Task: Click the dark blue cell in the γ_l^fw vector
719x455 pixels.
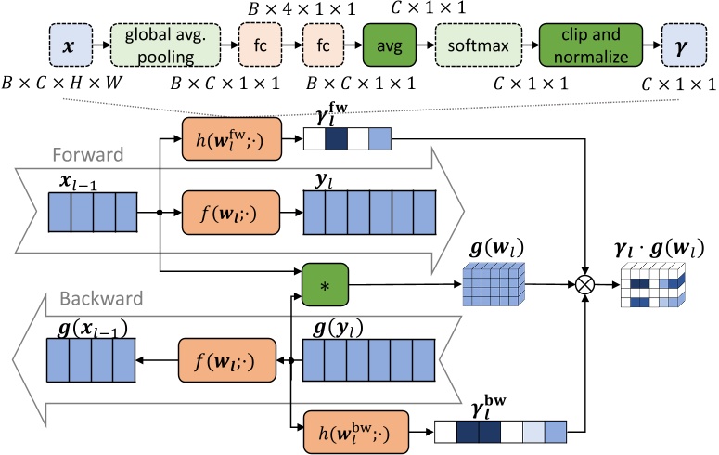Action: [x=335, y=139]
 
